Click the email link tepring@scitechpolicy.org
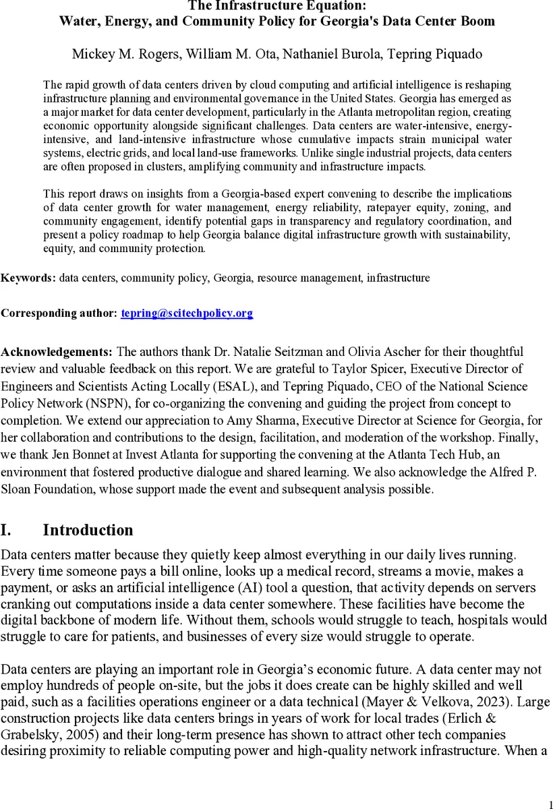(x=187, y=313)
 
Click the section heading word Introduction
(x=88, y=530)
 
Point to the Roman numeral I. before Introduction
(x=6, y=530)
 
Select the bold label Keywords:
(x=28, y=278)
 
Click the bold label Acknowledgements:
(x=57, y=352)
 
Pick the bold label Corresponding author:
(x=59, y=313)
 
